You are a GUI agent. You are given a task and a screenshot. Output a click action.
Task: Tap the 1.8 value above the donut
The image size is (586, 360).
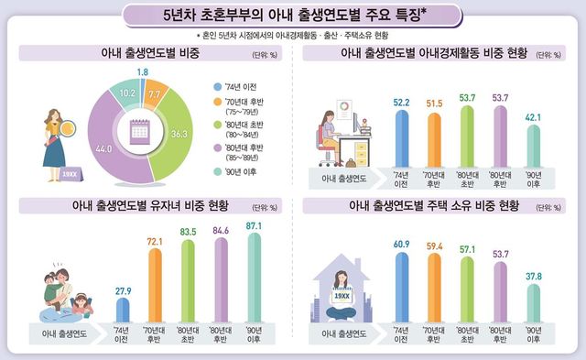tap(142, 71)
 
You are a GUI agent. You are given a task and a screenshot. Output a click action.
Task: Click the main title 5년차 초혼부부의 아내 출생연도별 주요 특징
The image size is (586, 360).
tap(292, 16)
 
